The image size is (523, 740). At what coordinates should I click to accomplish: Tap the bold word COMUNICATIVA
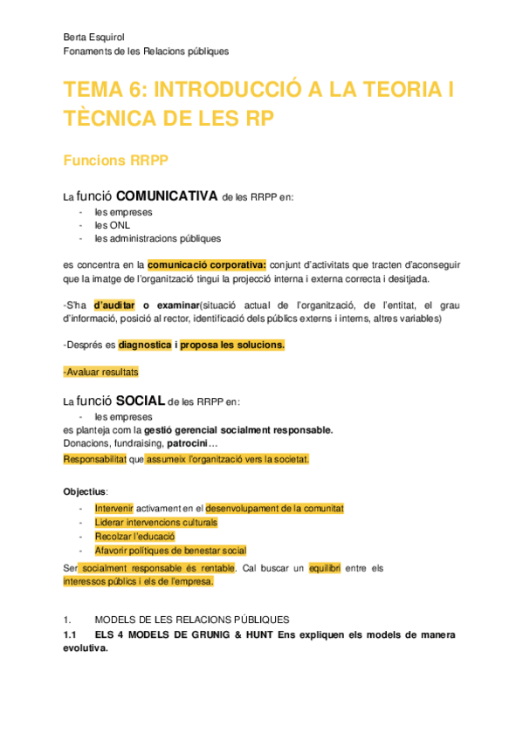[x=166, y=195]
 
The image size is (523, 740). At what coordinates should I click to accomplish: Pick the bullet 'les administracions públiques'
[x=158, y=238]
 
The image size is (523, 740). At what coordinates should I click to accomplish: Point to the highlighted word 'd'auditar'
[x=114, y=305]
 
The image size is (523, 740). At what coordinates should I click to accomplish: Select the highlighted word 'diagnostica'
[x=144, y=345]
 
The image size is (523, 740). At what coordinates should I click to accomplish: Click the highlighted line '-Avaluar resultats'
[x=101, y=372]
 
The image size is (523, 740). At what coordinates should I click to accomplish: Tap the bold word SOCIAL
[x=141, y=401]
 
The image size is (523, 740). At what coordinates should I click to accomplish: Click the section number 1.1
[x=71, y=634]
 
